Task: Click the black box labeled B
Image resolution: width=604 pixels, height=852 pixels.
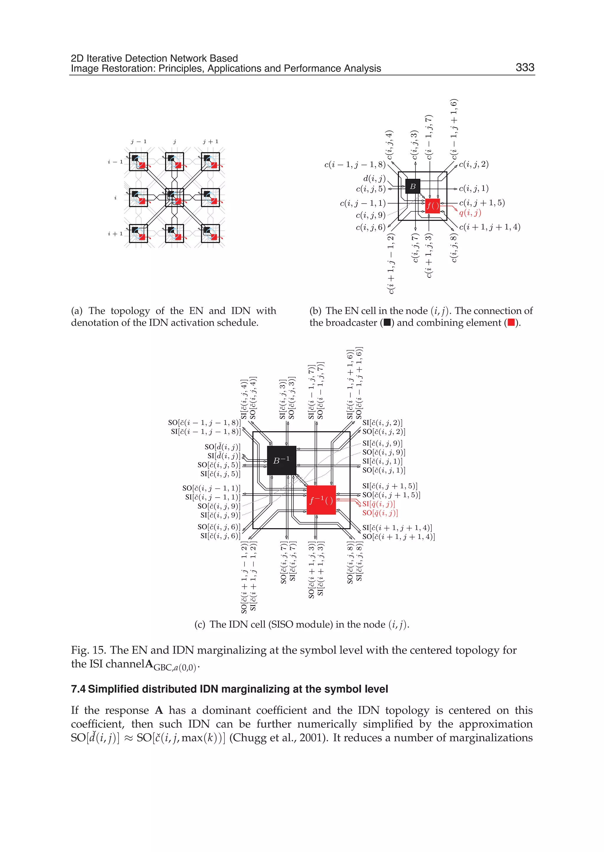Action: (413, 186)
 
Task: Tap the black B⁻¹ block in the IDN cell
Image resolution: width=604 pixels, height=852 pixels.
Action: (282, 460)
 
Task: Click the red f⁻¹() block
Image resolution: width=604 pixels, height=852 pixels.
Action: (321, 500)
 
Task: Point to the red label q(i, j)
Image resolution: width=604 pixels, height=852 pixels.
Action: (470, 213)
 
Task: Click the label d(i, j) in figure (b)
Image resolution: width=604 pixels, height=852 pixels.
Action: (375, 179)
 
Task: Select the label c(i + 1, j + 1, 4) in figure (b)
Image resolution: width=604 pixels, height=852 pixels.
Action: (490, 227)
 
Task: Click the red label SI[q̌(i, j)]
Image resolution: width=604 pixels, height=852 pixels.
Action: (379, 504)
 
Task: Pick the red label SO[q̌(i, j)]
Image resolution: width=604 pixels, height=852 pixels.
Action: (380, 513)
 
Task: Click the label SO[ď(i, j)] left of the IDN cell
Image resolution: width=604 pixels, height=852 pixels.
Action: (222, 447)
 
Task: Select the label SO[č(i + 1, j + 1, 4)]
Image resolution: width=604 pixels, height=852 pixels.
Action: (398, 537)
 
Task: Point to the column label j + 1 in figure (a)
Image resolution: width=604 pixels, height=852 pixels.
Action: (211, 142)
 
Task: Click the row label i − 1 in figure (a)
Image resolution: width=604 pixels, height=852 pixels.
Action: (115, 162)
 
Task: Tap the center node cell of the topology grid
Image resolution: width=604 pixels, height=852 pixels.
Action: (174, 198)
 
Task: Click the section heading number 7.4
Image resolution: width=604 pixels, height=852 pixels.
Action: (78, 689)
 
